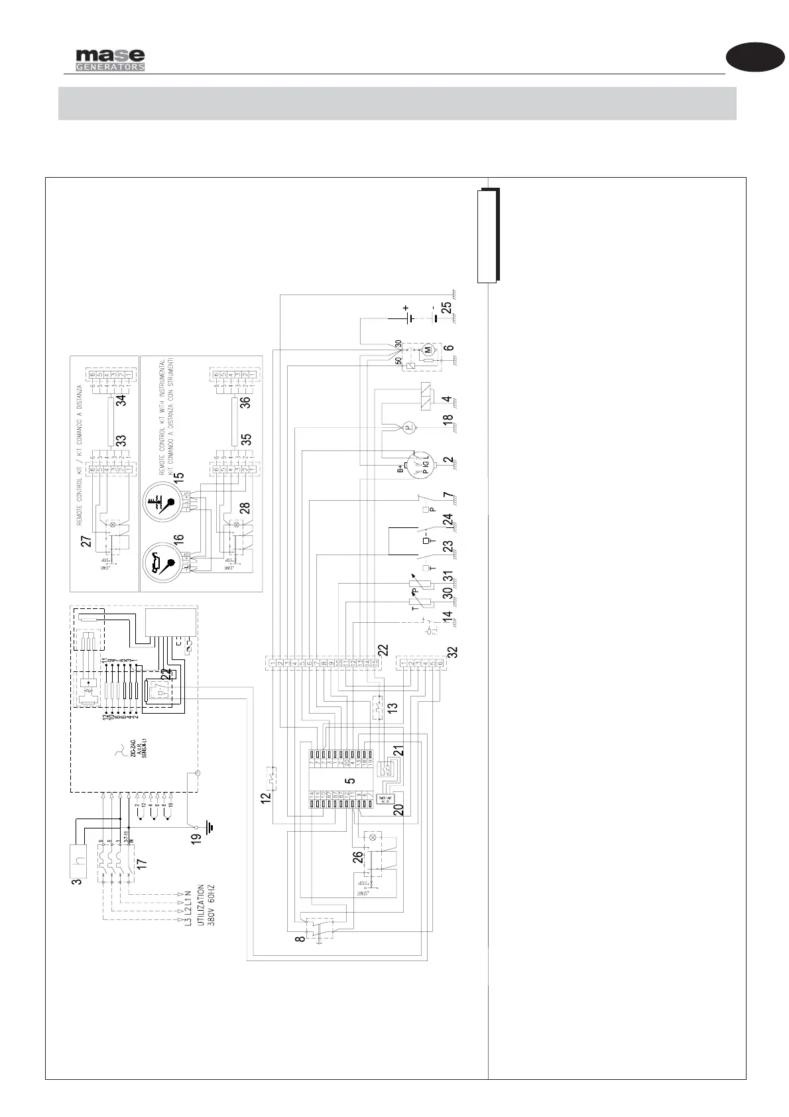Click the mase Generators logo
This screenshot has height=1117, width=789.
click(x=110, y=60)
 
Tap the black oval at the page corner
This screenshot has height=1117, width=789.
click(x=755, y=57)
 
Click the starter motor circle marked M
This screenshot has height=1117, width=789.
click(x=428, y=349)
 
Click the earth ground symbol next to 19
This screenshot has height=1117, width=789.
click(x=212, y=828)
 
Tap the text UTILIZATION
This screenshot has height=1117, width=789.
click(x=200, y=905)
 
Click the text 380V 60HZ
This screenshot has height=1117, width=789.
click(x=212, y=905)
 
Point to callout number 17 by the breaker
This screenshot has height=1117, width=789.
click(x=141, y=865)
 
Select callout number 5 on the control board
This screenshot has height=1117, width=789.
click(x=350, y=782)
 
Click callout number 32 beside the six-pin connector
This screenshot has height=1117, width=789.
click(x=453, y=651)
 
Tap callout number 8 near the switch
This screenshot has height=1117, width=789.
click(x=300, y=939)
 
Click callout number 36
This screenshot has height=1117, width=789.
click(x=245, y=402)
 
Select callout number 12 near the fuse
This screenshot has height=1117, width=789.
click(x=266, y=799)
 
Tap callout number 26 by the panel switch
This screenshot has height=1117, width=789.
click(x=357, y=857)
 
